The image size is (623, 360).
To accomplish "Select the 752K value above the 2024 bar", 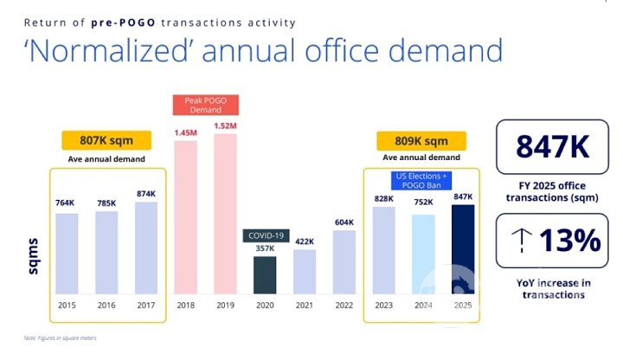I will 422,203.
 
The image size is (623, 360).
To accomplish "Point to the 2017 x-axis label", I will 146,304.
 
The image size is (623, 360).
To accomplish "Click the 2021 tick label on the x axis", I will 304,304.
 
